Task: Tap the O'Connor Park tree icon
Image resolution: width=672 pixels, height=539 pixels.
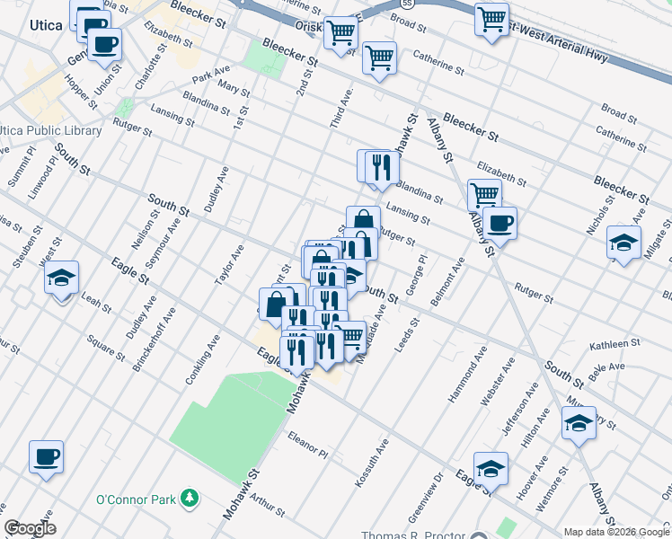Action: click(x=189, y=498)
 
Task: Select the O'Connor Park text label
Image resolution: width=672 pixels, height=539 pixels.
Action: click(x=137, y=499)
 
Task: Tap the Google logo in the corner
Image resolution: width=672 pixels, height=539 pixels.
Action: click(x=30, y=528)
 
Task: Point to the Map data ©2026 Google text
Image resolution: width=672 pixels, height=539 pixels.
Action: click(x=616, y=532)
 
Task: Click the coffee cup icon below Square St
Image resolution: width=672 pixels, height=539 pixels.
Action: click(x=47, y=458)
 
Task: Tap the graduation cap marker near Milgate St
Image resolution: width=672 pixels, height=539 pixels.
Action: click(x=623, y=243)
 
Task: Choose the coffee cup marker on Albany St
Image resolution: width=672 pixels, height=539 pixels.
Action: click(x=501, y=225)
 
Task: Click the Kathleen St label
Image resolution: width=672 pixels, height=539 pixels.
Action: click(x=614, y=344)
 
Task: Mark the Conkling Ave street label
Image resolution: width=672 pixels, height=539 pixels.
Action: click(x=203, y=361)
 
